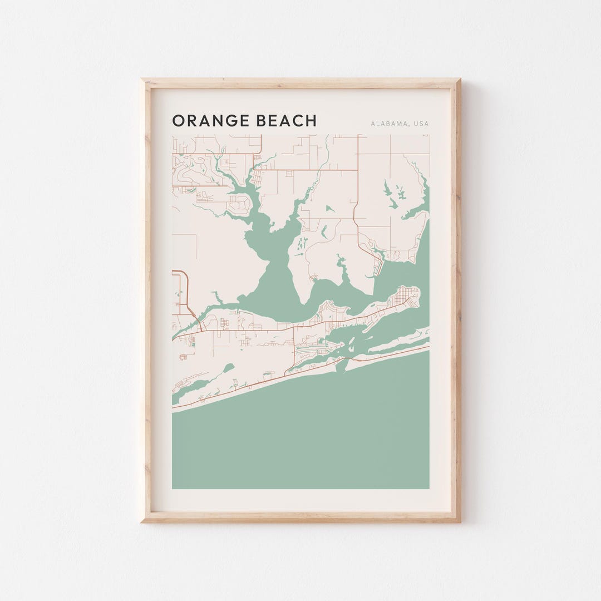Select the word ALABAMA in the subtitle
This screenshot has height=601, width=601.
[389, 124]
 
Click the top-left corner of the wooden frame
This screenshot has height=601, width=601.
[142, 80]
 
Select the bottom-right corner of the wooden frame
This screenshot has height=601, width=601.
[459, 521]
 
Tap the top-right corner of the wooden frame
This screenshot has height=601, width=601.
[459, 80]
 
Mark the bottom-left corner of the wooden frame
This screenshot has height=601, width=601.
[142, 521]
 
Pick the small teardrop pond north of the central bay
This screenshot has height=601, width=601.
[329, 209]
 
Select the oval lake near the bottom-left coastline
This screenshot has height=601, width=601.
[228, 368]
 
